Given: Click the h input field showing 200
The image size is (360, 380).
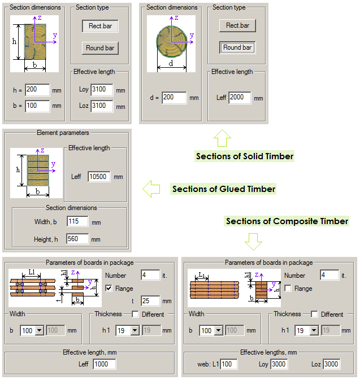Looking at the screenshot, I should [37, 90].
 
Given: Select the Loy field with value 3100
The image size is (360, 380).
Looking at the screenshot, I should [102, 90].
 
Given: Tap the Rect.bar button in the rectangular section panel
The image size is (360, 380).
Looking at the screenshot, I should [99, 26].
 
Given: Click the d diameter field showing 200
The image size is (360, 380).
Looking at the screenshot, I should [174, 98].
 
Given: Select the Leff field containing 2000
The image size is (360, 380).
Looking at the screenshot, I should [240, 98].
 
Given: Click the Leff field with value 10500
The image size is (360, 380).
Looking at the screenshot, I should [99, 177].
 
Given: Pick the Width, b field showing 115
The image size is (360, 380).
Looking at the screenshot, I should [77, 221].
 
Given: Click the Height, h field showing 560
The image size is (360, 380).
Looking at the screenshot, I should [77, 239].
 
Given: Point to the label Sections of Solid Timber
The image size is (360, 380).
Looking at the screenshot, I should [245, 156].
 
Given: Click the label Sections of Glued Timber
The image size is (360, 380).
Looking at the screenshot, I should [223, 189].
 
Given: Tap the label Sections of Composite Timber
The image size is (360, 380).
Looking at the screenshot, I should [287, 221].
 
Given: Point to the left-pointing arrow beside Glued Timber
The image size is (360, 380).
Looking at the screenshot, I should [150, 189].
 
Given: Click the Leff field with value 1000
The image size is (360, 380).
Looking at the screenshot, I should [104, 364].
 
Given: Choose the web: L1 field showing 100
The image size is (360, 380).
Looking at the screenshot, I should [229, 364].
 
